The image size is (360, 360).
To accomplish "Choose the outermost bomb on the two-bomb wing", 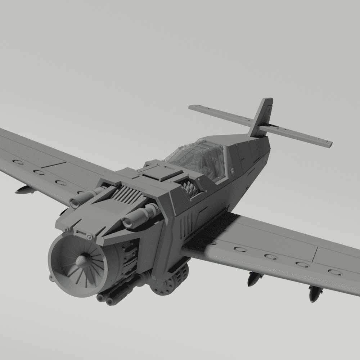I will point(314,293).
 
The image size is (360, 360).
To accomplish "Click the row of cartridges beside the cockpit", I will point(190,189).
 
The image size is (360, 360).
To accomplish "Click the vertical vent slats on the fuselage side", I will point(185,223).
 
